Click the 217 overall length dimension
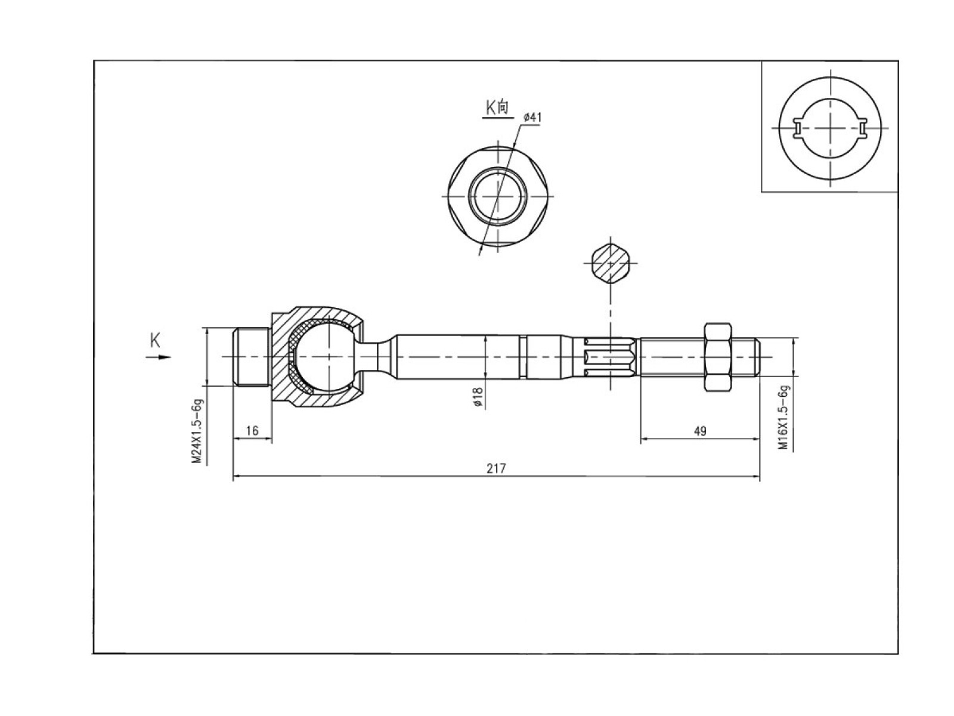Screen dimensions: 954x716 496,468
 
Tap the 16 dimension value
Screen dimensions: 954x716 252,430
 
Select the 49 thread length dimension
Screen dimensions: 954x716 700,431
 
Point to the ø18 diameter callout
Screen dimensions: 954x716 478,396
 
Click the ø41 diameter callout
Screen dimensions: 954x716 532,118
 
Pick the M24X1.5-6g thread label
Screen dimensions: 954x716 198,431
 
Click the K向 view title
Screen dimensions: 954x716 497,108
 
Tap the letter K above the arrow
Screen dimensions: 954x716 154,340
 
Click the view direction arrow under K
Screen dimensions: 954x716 158,357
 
